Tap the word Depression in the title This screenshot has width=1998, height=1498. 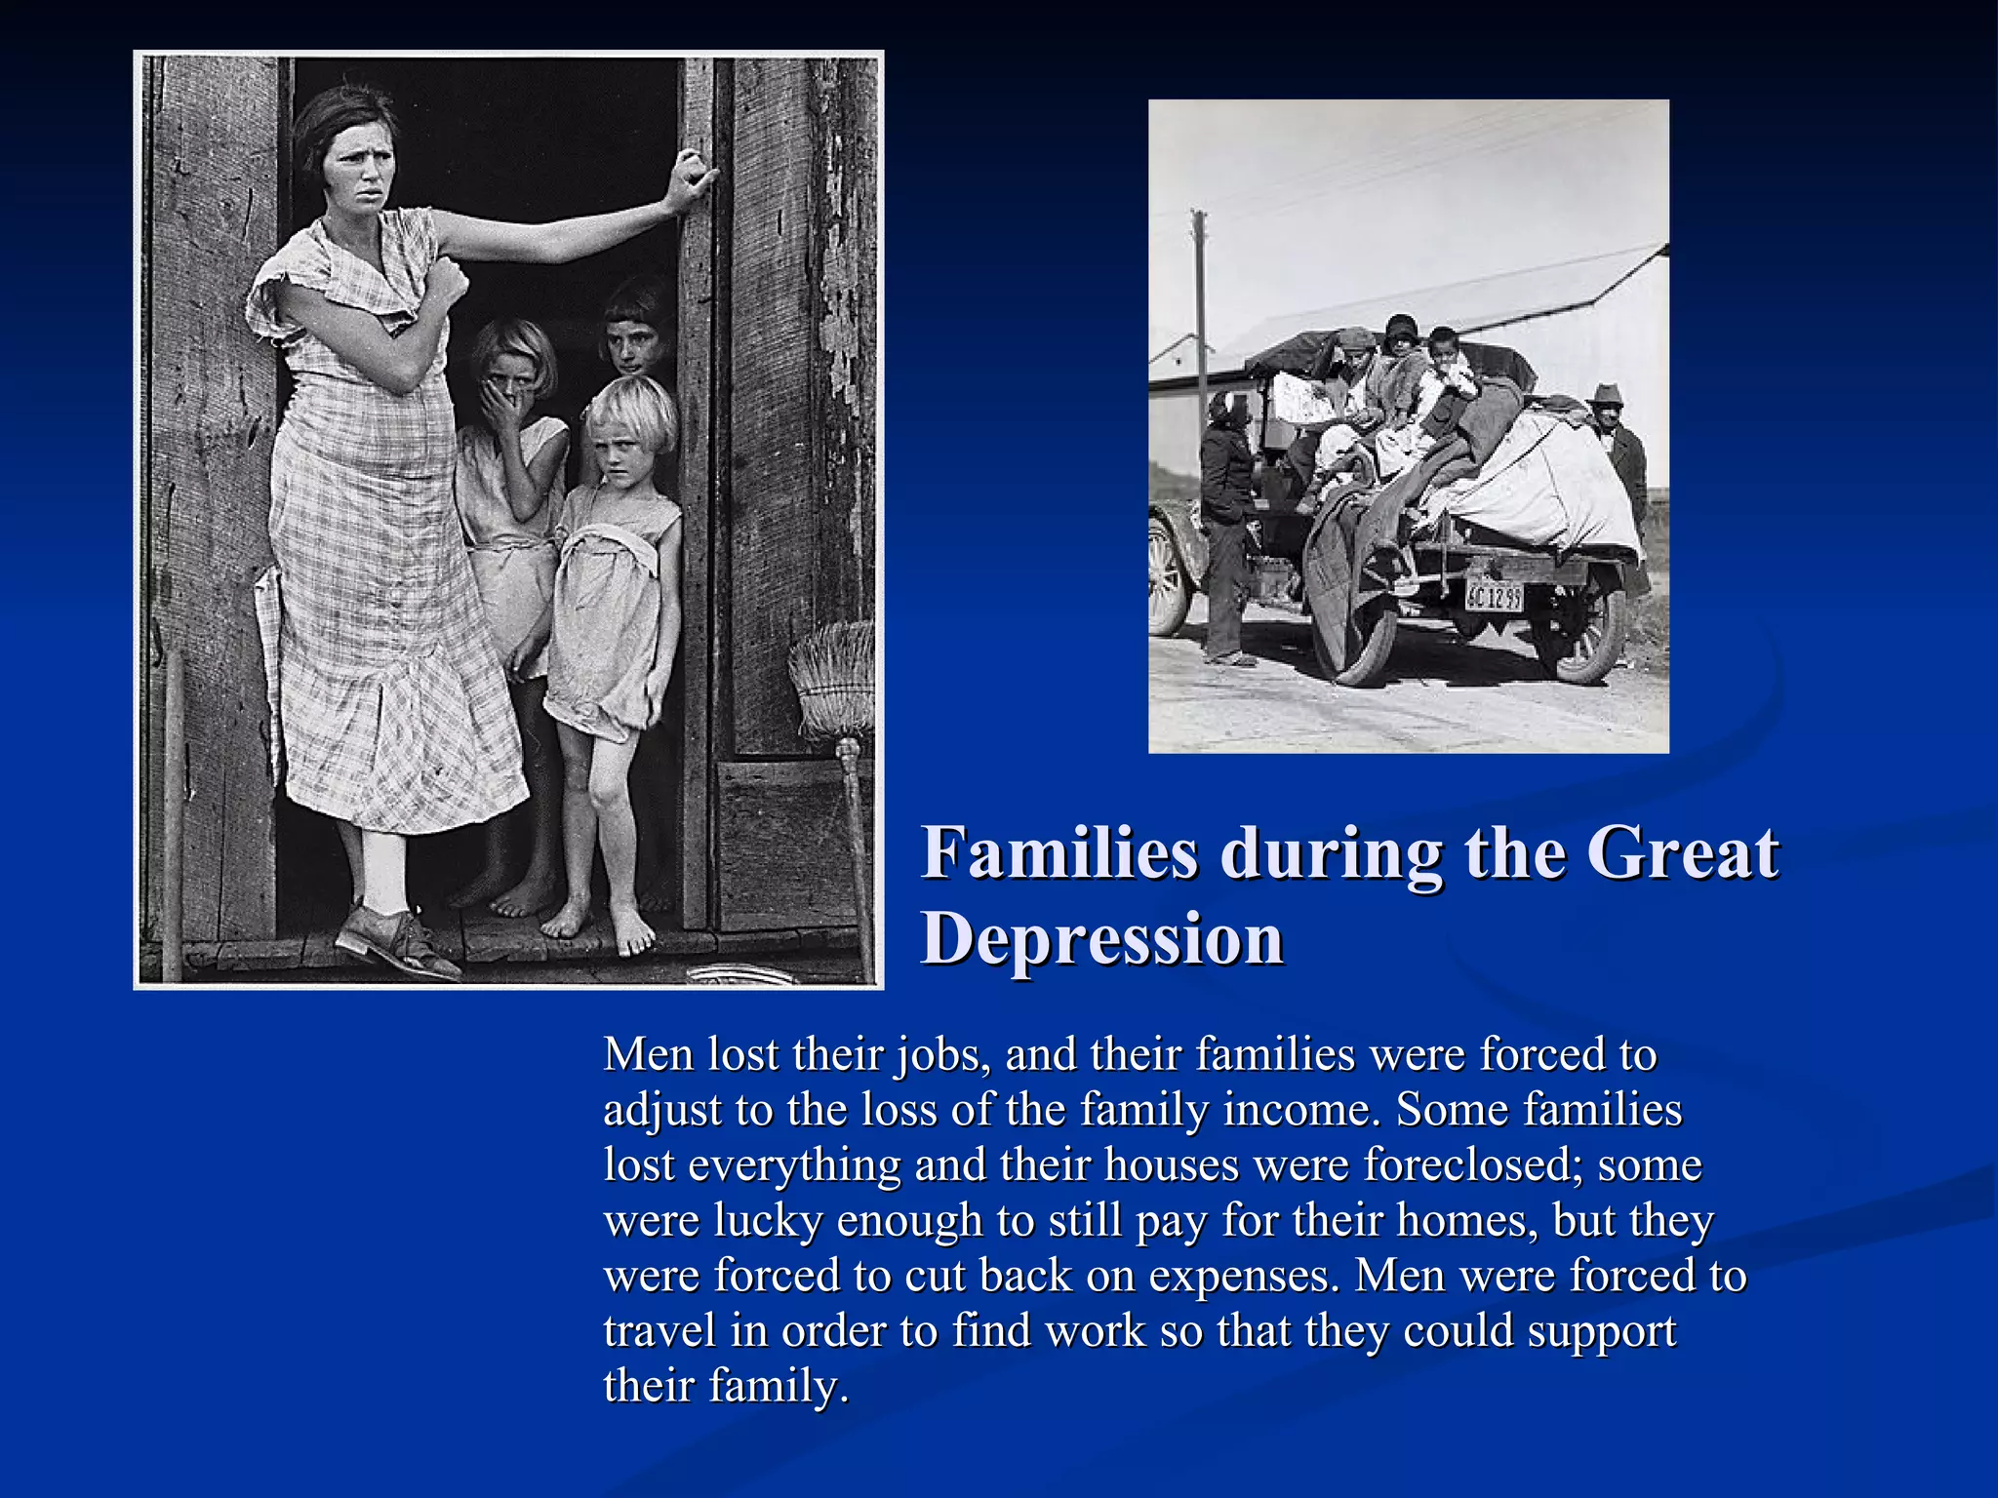coord(1102,938)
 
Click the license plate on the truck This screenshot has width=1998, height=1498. coord(1494,594)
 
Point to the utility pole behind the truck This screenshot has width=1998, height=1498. coord(1201,312)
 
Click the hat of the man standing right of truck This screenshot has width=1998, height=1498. coord(1605,393)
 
